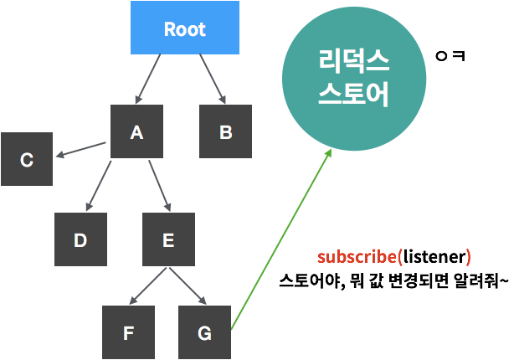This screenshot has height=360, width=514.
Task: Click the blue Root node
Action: point(185,28)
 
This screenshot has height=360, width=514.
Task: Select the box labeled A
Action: point(136,131)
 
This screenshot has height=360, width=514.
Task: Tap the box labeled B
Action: point(225,131)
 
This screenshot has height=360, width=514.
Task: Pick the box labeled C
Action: point(27,159)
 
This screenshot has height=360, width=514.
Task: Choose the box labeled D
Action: point(80,239)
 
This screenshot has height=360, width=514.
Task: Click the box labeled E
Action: point(168,239)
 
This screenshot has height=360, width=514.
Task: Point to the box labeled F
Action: point(128,332)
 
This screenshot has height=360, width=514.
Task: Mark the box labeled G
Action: point(204,332)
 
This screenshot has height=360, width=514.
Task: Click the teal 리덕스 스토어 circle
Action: point(354,79)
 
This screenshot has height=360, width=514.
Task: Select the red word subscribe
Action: point(358,257)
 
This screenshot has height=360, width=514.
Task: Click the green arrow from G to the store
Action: point(280,239)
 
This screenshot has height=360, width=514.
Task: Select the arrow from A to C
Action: point(80,149)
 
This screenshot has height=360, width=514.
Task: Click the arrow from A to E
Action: point(160,186)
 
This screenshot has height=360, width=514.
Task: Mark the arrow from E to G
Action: point(187,286)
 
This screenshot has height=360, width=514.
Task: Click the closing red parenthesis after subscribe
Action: point(469,257)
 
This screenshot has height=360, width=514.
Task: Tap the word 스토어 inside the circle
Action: point(354,94)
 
